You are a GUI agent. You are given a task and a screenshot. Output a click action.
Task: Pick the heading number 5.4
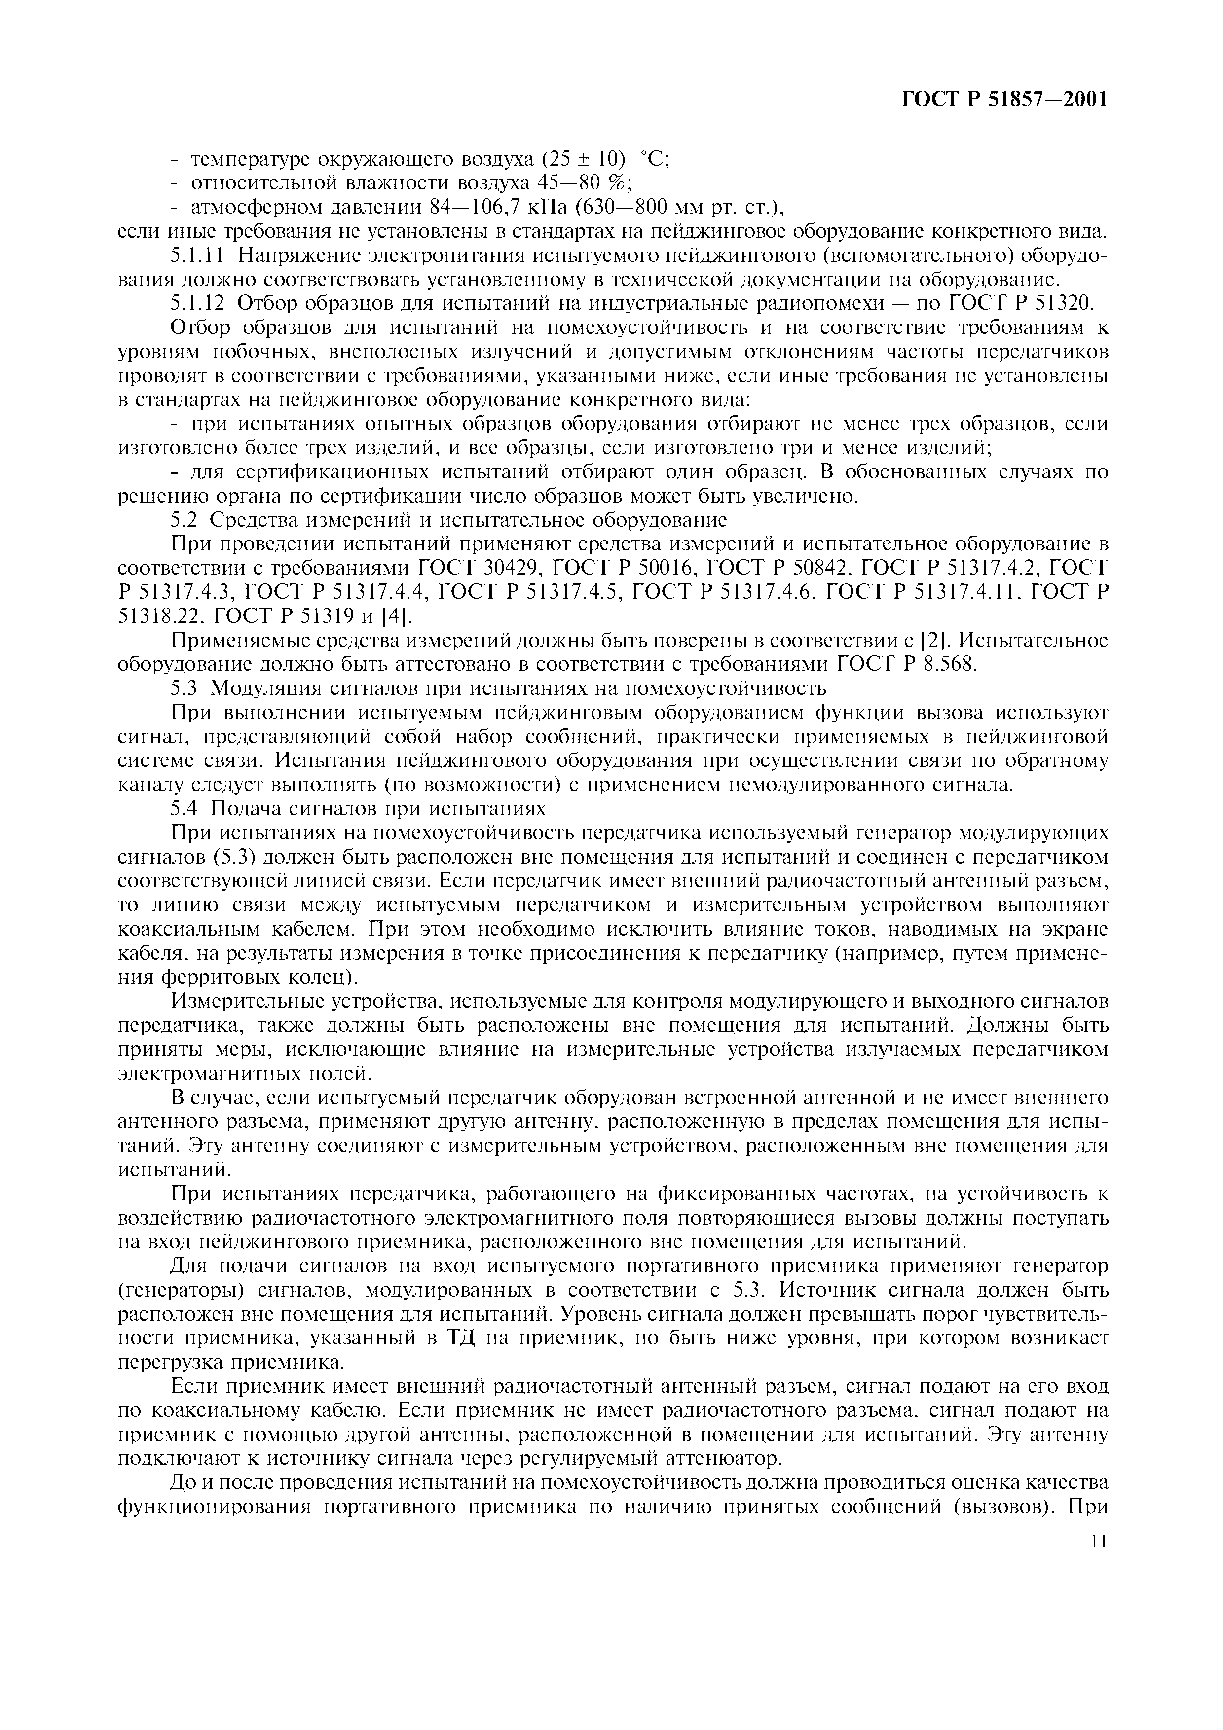click(x=184, y=808)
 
